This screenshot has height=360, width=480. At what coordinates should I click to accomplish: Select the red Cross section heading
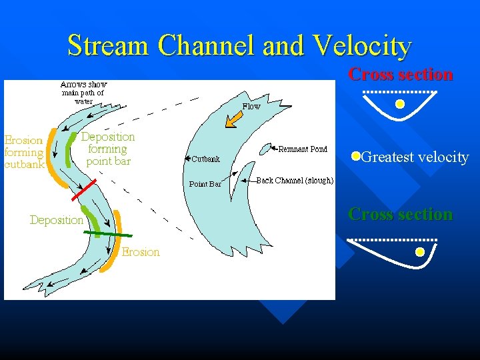pyautogui.click(x=401, y=75)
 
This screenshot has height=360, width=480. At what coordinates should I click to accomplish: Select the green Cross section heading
pyautogui.click(x=401, y=215)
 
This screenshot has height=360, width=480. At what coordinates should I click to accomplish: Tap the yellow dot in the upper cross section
pyautogui.click(x=399, y=104)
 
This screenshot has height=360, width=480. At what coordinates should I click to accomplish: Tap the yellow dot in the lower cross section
pyautogui.click(x=419, y=252)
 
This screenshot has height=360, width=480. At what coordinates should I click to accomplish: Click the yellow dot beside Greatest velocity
pyautogui.click(x=356, y=157)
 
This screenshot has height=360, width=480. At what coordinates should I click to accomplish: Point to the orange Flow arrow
pyautogui.click(x=233, y=119)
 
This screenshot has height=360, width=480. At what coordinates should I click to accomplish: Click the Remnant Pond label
pyautogui.click(x=303, y=149)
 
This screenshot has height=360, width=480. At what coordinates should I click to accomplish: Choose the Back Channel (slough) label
pyautogui.click(x=295, y=181)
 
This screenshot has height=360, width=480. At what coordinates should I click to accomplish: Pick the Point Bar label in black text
pyautogui.click(x=205, y=184)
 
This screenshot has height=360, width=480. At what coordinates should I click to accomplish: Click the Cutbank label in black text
pyautogui.click(x=205, y=159)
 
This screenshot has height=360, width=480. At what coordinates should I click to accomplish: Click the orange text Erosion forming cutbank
pyautogui.click(x=24, y=152)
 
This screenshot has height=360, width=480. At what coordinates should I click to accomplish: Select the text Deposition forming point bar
pyautogui.click(x=108, y=149)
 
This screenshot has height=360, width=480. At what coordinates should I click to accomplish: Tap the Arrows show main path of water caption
pyautogui.click(x=83, y=93)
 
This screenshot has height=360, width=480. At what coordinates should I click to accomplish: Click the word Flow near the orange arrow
pyautogui.click(x=251, y=107)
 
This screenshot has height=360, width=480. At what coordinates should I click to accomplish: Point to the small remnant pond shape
pyautogui.click(x=265, y=149)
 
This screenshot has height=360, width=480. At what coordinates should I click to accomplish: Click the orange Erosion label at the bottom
pyautogui.click(x=141, y=252)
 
